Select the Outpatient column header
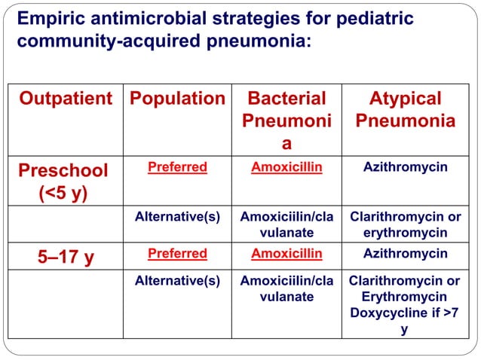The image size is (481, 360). (x=65, y=99)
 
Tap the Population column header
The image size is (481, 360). (x=178, y=99)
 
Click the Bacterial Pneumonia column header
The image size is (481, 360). (x=286, y=121)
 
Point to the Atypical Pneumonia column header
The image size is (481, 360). (x=406, y=110)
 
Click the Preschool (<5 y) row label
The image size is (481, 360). (x=63, y=181)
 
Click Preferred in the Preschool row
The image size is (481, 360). (x=177, y=167)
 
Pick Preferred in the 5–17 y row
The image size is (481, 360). (x=177, y=254)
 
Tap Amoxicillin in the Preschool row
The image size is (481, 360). (x=286, y=167)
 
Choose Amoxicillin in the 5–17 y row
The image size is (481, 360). (x=286, y=254)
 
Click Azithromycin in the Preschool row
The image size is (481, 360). (x=406, y=167)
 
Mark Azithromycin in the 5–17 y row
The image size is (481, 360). (x=406, y=254)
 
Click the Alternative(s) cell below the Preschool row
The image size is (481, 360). (x=177, y=217)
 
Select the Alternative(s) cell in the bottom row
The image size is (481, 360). (x=177, y=281)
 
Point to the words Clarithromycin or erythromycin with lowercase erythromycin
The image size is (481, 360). (x=406, y=224)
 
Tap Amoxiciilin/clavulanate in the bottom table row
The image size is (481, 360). (x=286, y=288)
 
